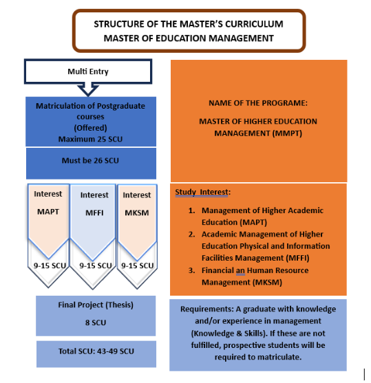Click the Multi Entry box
coord(88,72)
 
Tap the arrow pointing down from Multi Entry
coord(88,90)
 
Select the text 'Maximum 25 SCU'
coord(90,139)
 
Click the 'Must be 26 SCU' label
coord(90,160)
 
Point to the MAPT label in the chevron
coord(48,212)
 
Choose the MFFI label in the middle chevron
coord(94,212)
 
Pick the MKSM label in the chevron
coord(137,212)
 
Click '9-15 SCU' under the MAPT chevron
coord(50,265)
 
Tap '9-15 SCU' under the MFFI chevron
coord(96,265)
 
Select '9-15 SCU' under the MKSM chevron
coord(138,265)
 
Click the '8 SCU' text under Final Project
coord(96,322)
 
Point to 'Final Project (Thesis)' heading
coord(96,305)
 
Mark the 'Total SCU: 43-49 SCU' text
coord(96,351)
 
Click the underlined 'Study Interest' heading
coord(202,192)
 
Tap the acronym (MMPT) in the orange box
coord(287,133)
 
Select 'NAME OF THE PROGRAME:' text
coord(258,103)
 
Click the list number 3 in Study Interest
coord(191,270)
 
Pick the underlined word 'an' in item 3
coord(240,271)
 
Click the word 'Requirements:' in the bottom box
coord(207,309)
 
